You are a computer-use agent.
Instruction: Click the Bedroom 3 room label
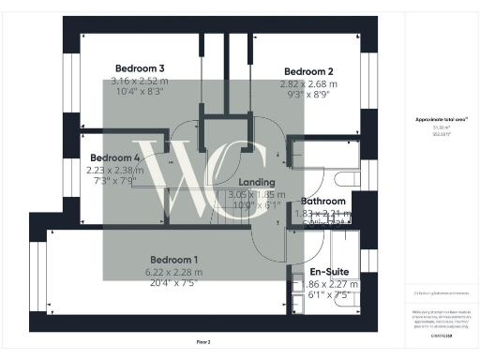coord(140,68)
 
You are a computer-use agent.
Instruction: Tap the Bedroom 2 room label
coord(308,71)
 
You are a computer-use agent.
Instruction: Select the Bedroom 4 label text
coord(117,157)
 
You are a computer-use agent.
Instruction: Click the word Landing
coord(257,182)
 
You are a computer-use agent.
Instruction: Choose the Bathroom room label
coord(322,201)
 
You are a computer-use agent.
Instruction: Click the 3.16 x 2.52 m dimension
coord(140,82)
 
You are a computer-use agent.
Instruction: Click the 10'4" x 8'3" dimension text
coord(140,94)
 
